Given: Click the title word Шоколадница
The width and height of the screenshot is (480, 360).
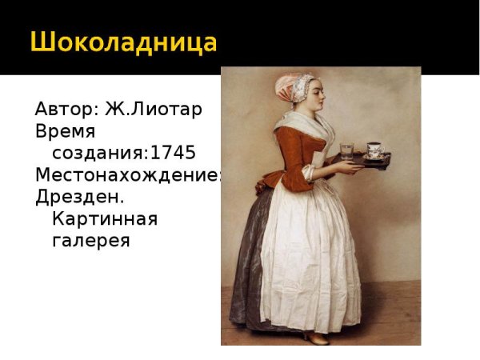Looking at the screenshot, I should (124, 41).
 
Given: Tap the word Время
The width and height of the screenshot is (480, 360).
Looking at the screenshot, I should (66, 130).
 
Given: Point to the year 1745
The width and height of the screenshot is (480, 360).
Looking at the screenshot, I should (173, 153).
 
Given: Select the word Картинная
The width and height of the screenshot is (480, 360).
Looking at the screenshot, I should (104, 218).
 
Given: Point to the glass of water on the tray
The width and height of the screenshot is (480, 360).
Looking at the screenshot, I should (346, 151).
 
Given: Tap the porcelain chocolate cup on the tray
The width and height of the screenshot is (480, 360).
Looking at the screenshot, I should (374, 150).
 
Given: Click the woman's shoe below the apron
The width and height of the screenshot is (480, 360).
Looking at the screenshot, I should (315, 338).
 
